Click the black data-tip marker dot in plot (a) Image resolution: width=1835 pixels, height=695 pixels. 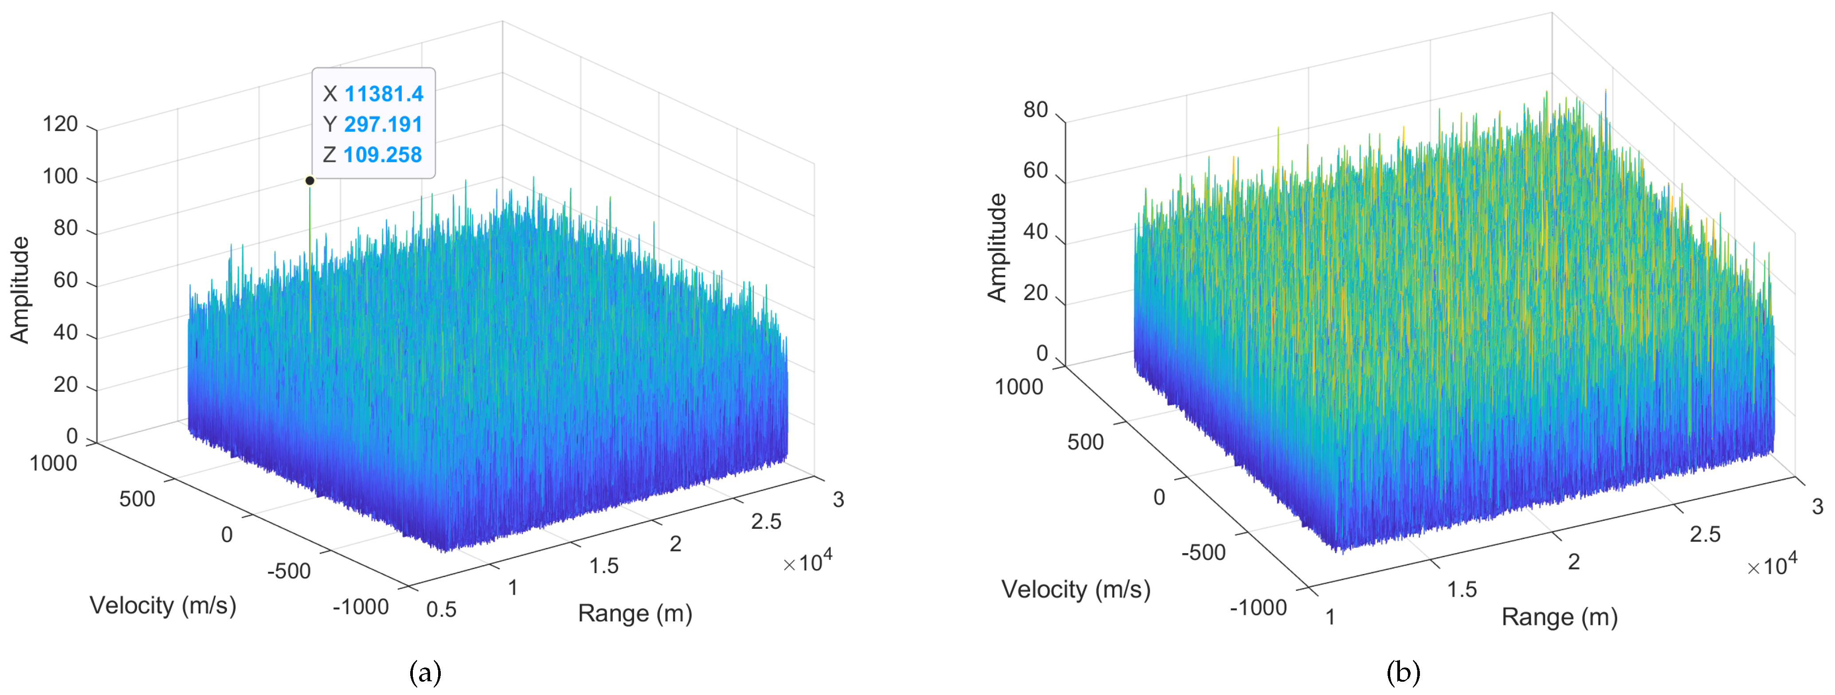[310, 181]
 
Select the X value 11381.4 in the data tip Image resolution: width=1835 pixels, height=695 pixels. [383, 94]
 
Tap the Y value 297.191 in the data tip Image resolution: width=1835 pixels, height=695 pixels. [383, 125]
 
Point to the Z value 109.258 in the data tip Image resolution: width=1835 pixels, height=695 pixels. [383, 155]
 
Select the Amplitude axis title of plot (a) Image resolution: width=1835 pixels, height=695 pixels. [20, 290]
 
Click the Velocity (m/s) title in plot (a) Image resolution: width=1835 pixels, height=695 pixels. [163, 605]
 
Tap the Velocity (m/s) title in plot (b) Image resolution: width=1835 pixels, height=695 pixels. [1076, 590]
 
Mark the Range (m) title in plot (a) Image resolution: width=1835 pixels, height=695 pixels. [635, 613]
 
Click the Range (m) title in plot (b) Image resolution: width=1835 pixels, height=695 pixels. [1559, 617]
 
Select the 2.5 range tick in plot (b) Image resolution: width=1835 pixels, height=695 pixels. [1705, 534]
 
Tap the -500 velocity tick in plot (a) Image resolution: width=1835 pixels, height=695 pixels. [289, 571]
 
